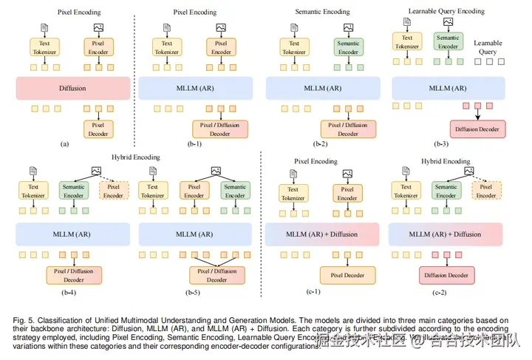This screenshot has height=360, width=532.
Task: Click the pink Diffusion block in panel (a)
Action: (72, 88)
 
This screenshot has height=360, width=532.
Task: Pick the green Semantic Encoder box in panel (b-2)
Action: (349, 47)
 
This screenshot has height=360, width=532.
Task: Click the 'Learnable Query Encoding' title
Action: (448, 12)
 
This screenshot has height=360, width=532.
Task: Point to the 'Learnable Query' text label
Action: (488, 47)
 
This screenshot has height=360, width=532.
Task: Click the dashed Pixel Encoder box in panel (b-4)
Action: (114, 191)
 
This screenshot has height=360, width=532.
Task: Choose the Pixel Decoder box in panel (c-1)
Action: (347, 276)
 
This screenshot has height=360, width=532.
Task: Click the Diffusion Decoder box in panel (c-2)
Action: (446, 276)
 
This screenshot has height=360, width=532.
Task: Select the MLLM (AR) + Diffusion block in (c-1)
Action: (322, 235)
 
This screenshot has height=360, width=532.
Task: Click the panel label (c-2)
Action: (443, 293)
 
